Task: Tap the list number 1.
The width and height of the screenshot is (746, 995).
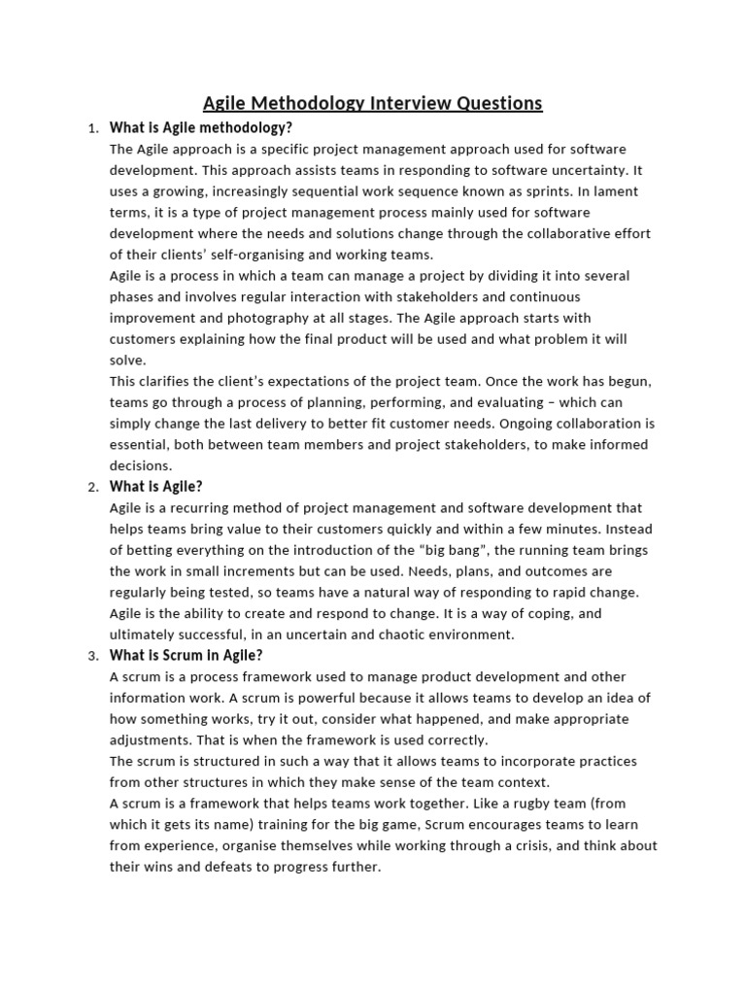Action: [92, 129]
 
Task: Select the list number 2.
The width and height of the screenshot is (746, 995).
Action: [92, 488]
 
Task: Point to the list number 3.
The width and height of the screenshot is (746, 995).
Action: [92, 657]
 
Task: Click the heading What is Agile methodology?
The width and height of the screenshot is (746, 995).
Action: [201, 127]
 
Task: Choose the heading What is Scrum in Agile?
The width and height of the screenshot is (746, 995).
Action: [186, 656]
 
